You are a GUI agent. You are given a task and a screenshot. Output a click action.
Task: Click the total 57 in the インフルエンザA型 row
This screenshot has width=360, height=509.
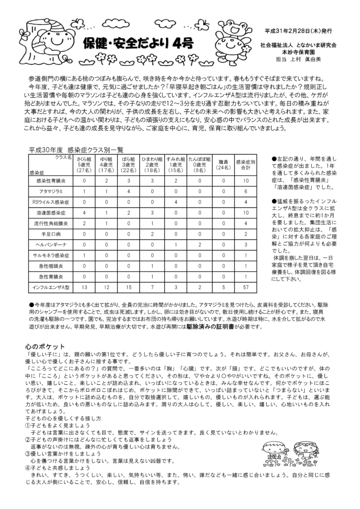(x=245, y=287)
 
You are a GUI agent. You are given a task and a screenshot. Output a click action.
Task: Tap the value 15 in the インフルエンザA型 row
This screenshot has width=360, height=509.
(x=129, y=287)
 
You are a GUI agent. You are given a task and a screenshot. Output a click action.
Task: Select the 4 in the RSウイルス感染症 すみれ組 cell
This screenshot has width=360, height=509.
(x=176, y=202)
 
